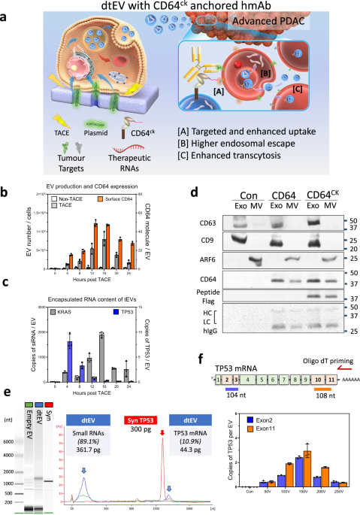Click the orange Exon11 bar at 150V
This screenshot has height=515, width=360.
pos(286,472)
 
